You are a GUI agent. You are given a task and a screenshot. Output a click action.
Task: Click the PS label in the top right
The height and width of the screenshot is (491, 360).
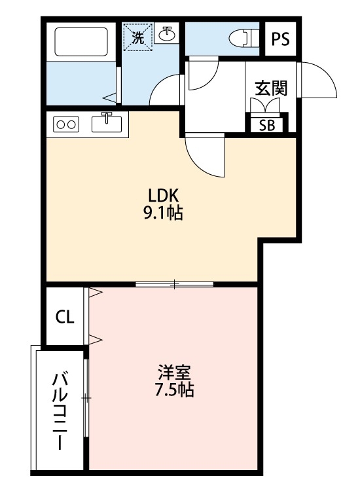(x=280, y=39)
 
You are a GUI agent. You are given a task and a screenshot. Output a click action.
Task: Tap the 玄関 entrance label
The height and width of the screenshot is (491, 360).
(x=271, y=88)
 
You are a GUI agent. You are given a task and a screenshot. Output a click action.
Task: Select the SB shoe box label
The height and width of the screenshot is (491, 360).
(x=267, y=124)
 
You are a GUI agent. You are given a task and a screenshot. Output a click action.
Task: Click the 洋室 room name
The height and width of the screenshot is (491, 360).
(x=173, y=374)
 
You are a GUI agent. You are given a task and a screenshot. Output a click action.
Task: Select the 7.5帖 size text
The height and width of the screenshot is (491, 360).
(x=173, y=391)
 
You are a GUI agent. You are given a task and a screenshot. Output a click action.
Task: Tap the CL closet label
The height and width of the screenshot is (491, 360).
(x=64, y=318)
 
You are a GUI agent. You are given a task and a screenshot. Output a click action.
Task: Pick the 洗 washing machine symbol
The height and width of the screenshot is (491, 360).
(x=138, y=37)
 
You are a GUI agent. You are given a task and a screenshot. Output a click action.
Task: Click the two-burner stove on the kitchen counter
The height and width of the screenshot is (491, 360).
(x=65, y=123)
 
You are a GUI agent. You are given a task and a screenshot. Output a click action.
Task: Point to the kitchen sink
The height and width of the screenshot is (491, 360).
(x=108, y=122)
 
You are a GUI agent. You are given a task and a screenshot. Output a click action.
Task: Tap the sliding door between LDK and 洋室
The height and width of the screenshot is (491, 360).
(x=175, y=284)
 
